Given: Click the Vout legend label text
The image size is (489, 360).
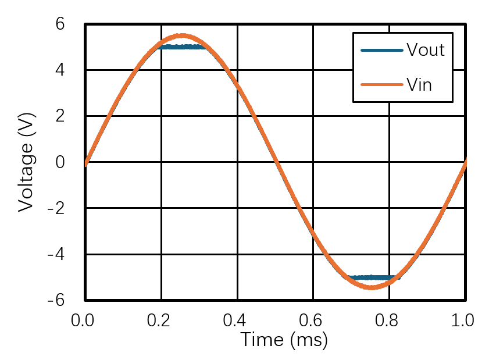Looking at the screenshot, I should pos(425,50).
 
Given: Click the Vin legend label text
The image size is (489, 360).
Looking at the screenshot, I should pos(419,84).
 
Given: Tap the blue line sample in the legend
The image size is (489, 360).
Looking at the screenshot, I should pos(381,50).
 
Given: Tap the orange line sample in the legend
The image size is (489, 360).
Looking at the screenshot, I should pos(381,84).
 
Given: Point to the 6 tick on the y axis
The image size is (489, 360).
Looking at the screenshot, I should pos(60,24).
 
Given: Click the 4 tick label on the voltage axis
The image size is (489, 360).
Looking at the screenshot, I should pos(60,70).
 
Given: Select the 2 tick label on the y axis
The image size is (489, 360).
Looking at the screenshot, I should pos(60,116).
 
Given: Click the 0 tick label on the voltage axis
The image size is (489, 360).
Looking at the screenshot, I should pos(60,162).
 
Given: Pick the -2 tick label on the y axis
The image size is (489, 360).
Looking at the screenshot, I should pos(56,208).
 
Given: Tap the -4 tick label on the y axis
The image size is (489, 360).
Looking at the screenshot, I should pos(56,254).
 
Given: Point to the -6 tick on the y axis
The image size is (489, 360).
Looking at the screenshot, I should pos(56,300).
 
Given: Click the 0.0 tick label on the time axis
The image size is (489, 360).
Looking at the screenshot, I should pos(85,320).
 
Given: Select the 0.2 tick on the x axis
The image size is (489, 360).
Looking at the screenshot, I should pos(161,320).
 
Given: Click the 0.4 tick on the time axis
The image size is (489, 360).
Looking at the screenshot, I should pos(237,320).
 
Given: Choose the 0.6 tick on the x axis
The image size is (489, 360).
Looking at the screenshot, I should pos(313,320).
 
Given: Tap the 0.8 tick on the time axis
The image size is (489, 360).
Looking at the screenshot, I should pos(390,320).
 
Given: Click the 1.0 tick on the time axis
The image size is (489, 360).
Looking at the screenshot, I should pos(465,320).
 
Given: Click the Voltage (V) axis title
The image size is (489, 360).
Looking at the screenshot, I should pos(25,162).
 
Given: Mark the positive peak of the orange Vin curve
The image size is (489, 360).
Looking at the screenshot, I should pos(181,35).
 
